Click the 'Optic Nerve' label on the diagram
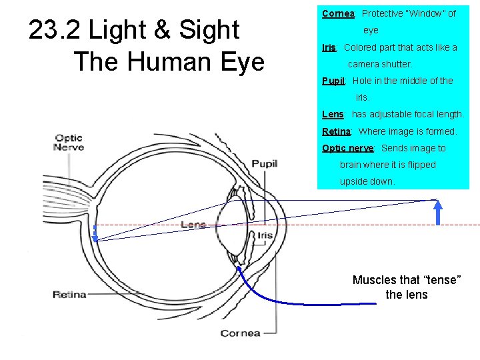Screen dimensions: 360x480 click(x=69, y=143)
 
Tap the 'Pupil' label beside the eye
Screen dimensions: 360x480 click(x=264, y=164)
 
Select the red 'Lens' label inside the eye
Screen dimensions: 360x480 click(x=193, y=225)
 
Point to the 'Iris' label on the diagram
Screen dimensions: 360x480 click(x=265, y=235)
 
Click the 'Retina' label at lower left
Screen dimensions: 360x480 click(x=69, y=294)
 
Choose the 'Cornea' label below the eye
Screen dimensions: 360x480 click(x=240, y=333)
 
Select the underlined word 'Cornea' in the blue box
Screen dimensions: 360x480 click(x=339, y=13)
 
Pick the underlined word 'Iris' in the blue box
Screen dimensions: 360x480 click(x=329, y=47)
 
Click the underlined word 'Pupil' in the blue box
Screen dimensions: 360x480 click(x=333, y=81)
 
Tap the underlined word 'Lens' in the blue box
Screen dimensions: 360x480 click(x=332, y=114)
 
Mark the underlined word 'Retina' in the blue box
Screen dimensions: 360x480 click(x=336, y=131)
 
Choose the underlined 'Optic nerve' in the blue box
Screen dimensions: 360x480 click(x=347, y=148)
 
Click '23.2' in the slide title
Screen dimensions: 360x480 click(x=55, y=30)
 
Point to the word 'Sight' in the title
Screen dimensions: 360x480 click(x=208, y=30)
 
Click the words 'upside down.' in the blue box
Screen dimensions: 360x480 click(x=367, y=181)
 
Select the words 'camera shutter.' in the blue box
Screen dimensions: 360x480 click(x=380, y=64)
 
